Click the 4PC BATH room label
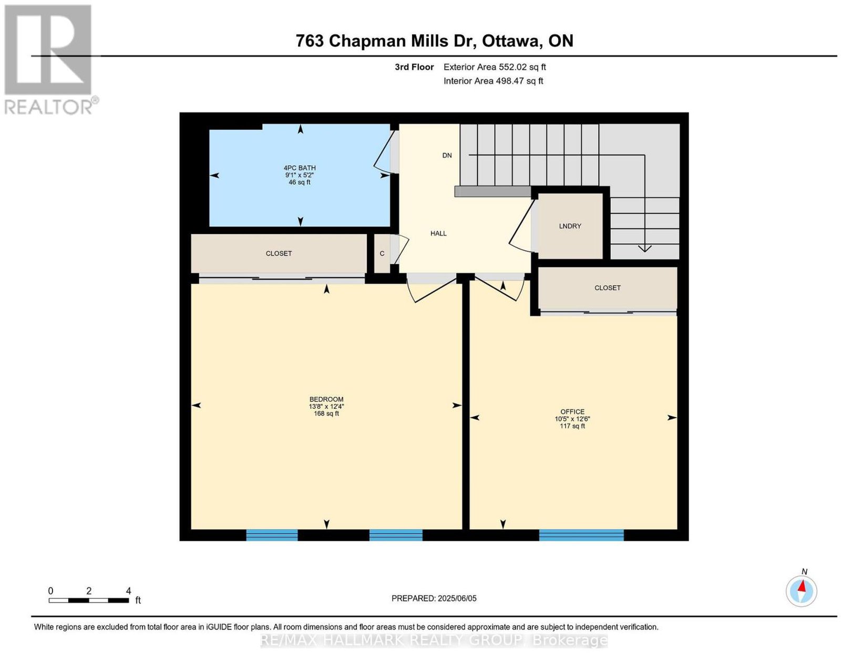pyautogui.click(x=300, y=168)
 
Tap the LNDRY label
pyautogui.click(x=570, y=226)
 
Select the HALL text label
pyautogui.click(x=438, y=234)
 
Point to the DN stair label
pyautogui.click(x=447, y=156)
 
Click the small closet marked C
pyautogui.click(x=382, y=253)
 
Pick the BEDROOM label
pyautogui.click(x=326, y=399)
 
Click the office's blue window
pyautogui.click(x=581, y=535)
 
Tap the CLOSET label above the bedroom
pyautogui.click(x=279, y=254)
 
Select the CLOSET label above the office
pyautogui.click(x=608, y=288)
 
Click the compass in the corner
pyautogui.click(x=801, y=592)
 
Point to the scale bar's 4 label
pyautogui.click(x=128, y=591)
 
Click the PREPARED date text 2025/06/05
pyautogui.click(x=457, y=598)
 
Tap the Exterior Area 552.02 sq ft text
pyautogui.click(x=495, y=67)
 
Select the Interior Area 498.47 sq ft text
pyautogui.click(x=494, y=81)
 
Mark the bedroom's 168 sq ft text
pyautogui.click(x=326, y=413)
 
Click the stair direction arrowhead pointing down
pyautogui.click(x=644, y=248)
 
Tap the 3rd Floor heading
pyautogui.click(x=414, y=67)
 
